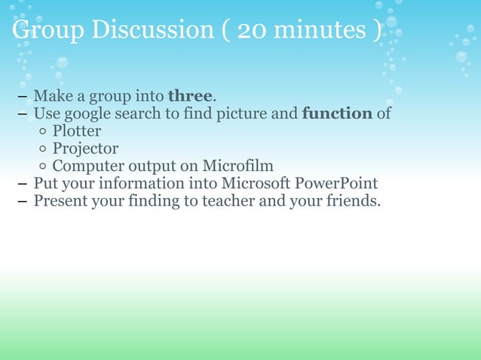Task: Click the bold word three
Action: click(191, 97)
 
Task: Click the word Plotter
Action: click(77, 132)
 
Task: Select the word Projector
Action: click(85, 149)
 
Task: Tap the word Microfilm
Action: click(237, 166)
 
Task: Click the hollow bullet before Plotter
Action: click(44, 133)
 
